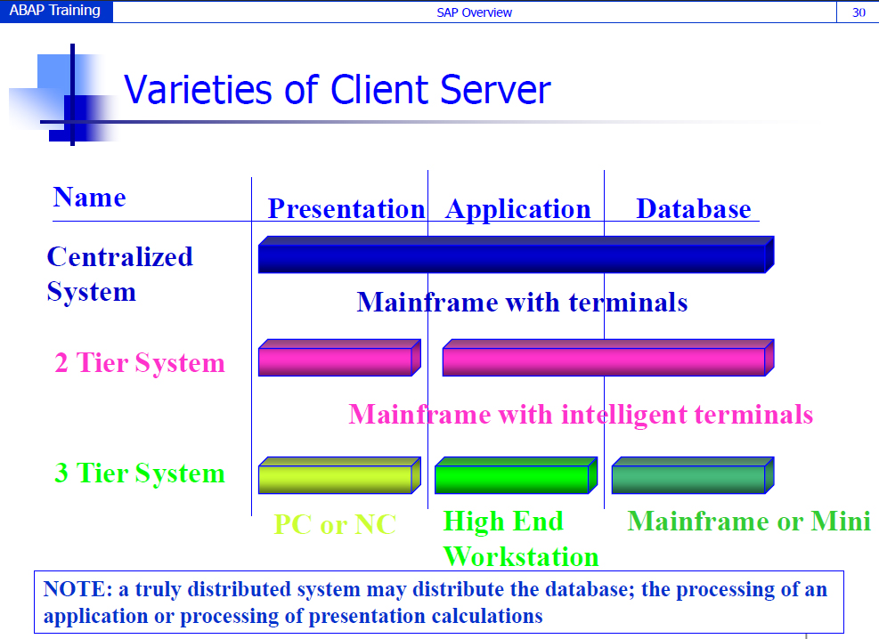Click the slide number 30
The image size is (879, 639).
coord(859,12)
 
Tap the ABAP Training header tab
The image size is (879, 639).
coord(55,12)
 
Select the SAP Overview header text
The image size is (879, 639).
coord(475,12)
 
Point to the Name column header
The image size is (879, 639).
coord(90,198)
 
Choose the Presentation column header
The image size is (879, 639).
coord(346,209)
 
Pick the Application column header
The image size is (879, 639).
coord(518,209)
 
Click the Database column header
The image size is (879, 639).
coord(694,209)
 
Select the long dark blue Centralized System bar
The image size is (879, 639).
coord(517,255)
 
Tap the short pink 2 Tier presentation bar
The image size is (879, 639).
coord(339,357)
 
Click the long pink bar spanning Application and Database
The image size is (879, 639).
coord(608,357)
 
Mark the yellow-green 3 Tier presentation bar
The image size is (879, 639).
coord(339,475)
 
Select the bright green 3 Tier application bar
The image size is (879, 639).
coord(517,475)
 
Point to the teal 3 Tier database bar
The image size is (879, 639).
coord(693,475)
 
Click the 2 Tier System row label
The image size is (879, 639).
coord(140,363)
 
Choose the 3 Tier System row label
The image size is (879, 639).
coord(140,473)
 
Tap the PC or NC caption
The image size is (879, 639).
coord(335,525)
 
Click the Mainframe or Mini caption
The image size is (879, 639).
coord(749,522)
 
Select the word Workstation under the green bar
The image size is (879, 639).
coord(521,556)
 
